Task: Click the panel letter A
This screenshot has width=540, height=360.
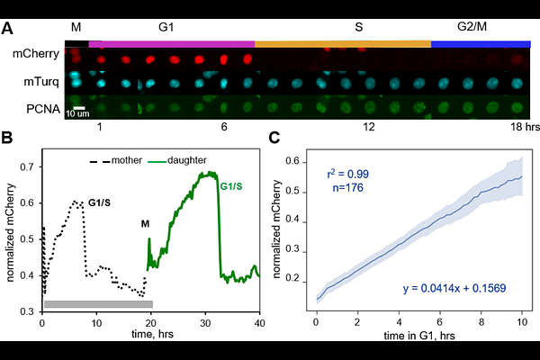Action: pyautogui.click(x=7, y=28)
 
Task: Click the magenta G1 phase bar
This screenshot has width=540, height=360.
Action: pyautogui.click(x=172, y=44)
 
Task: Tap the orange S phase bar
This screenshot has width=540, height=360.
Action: pyautogui.click(x=343, y=44)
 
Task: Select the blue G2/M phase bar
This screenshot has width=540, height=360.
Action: pyautogui.click(x=481, y=44)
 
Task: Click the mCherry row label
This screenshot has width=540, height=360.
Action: pyautogui.click(x=36, y=54)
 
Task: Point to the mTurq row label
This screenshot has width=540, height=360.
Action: pyautogui.click(x=41, y=82)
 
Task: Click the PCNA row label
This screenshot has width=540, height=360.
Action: pyautogui.click(x=43, y=109)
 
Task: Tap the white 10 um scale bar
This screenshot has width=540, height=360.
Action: pyautogui.click(x=79, y=108)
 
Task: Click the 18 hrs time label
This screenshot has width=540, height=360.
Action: pyautogui.click(x=525, y=127)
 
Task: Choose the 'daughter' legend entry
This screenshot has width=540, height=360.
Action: pyautogui.click(x=177, y=160)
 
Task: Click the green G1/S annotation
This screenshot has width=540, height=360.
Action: pyautogui.click(x=231, y=186)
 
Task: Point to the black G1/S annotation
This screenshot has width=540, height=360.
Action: pyautogui.click(x=99, y=202)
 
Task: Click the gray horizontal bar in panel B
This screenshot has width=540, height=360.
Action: pyautogui.click(x=98, y=304)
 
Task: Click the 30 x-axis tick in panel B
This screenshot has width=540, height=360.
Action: pyautogui.click(x=205, y=323)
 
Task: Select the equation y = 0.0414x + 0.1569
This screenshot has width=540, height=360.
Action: pyautogui.click(x=454, y=288)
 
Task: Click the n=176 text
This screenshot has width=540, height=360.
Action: pyautogui.click(x=347, y=188)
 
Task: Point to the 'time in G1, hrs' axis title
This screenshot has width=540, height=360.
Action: pyautogui.click(x=419, y=335)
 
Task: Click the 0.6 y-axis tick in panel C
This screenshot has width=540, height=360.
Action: pyautogui.click(x=292, y=162)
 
